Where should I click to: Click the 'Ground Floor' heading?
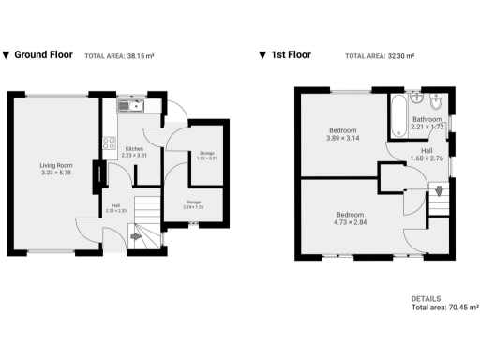pos(43,55)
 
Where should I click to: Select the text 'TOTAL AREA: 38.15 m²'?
pos(119,56)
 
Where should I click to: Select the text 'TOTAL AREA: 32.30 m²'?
pos(379,56)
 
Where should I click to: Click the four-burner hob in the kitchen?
pos(109,144)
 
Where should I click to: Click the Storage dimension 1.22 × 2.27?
pos(206,158)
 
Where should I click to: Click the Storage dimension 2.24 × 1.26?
pos(193,206)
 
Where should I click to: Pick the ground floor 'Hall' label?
pos(115,205)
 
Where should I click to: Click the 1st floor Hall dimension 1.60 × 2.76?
pos(427,158)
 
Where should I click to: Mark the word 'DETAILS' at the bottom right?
pos(427,298)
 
